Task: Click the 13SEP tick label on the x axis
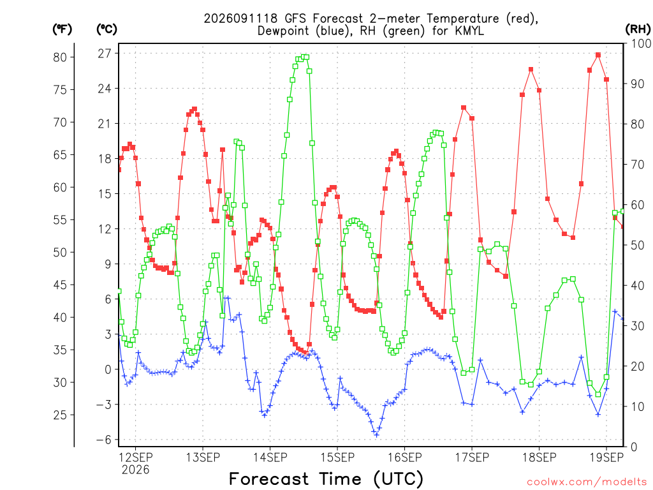(203, 457)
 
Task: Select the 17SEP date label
(472, 457)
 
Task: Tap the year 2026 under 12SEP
(135, 470)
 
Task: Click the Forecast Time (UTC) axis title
(326, 479)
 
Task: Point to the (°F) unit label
(62, 29)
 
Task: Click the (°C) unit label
(106, 29)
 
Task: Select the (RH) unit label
(638, 29)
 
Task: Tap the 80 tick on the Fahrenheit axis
(60, 57)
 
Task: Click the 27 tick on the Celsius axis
(105, 54)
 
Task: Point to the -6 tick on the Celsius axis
(104, 440)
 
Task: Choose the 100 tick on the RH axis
(641, 43)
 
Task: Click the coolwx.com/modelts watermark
(587, 482)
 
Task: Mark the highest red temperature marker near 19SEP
(598, 55)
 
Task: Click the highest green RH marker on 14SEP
(307, 57)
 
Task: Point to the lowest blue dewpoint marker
(376, 435)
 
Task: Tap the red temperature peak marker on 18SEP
(531, 70)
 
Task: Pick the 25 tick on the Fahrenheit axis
(60, 415)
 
